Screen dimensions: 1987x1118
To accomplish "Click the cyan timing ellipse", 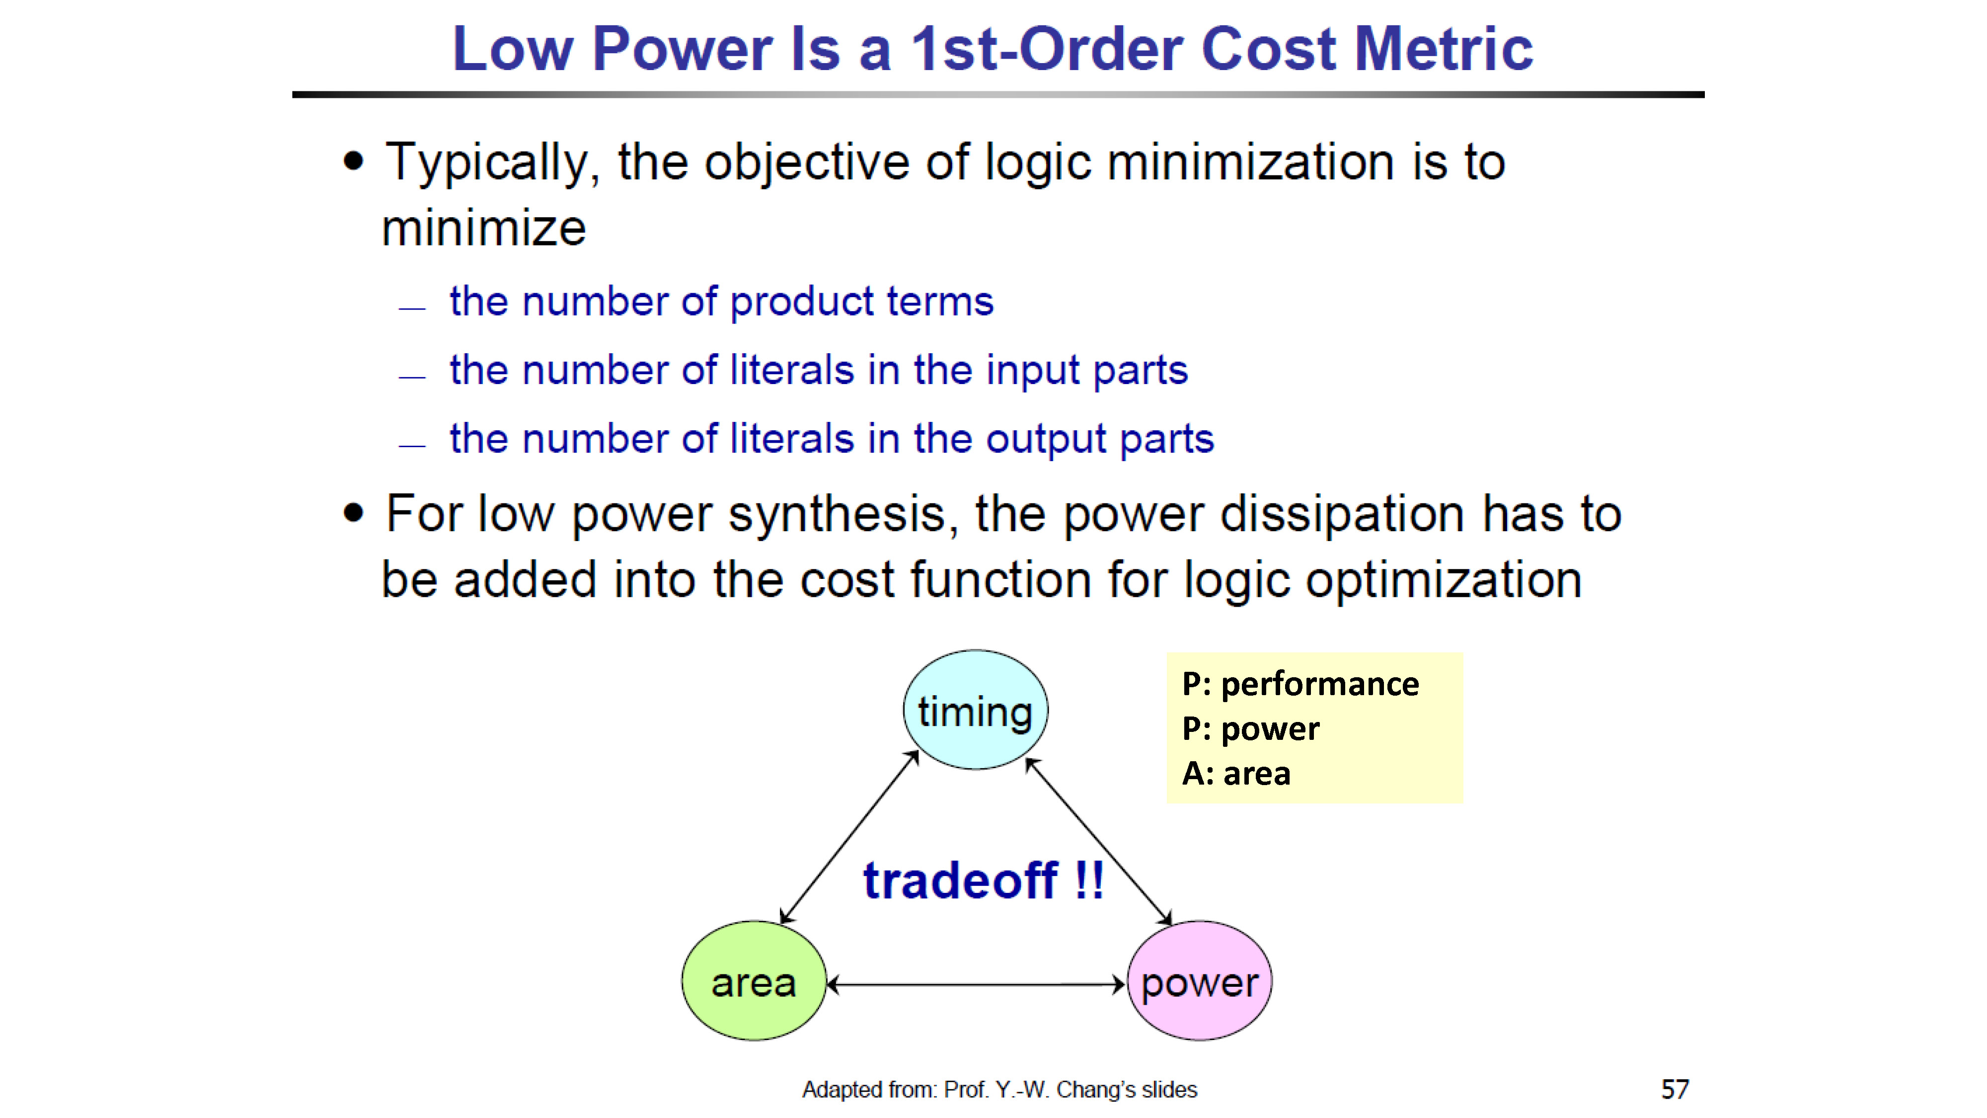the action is tap(976, 710).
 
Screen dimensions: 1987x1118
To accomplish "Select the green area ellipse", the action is tap(754, 981).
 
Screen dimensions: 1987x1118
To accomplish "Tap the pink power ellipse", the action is tap(1200, 981).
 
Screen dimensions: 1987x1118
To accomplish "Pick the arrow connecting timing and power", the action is tap(1098, 841).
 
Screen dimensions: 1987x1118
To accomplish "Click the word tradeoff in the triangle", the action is tap(960, 880).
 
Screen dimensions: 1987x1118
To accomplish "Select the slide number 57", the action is tap(1675, 1090).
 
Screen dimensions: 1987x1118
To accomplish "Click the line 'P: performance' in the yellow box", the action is tap(1300, 684).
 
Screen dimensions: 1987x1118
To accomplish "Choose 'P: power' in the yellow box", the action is tap(1251, 729).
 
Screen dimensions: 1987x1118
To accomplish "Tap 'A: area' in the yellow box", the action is tap(1236, 773).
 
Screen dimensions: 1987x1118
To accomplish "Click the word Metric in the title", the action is tap(1444, 49).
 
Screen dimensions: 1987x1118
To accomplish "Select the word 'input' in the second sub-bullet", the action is tap(1032, 371).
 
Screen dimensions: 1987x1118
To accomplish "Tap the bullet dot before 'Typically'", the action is tap(353, 162).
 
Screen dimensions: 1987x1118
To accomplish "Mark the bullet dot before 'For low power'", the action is tap(353, 513).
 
